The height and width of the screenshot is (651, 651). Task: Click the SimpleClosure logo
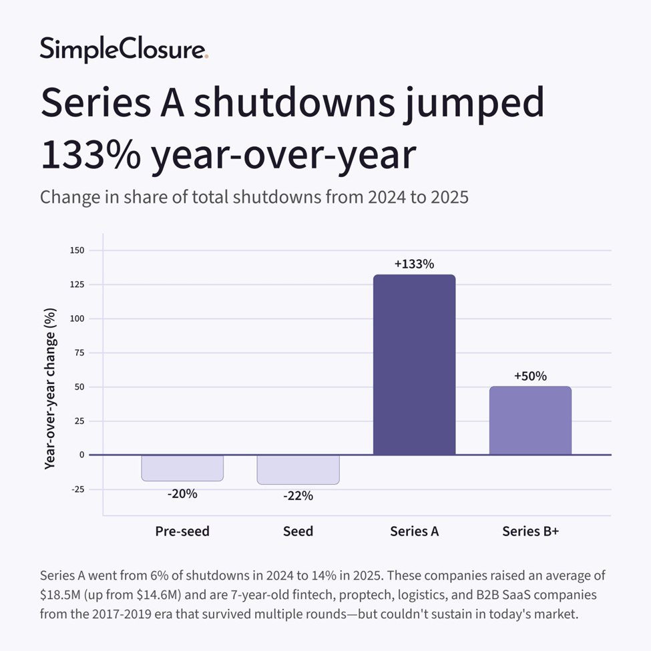[124, 49]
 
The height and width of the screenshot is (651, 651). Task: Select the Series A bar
[414, 365]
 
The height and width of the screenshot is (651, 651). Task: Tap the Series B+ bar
[530, 421]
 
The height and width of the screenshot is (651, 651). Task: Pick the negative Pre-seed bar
[182, 467]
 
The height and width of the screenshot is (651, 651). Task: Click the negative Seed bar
[298, 469]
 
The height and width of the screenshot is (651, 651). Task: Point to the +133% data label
[414, 264]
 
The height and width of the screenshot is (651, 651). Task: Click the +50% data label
[530, 376]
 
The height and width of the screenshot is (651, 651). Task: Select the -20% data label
[182, 494]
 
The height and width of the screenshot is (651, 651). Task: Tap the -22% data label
[298, 496]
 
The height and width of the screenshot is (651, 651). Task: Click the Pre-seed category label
[182, 531]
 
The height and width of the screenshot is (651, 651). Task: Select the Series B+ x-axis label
[530, 531]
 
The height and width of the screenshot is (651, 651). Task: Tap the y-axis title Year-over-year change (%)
[50, 388]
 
